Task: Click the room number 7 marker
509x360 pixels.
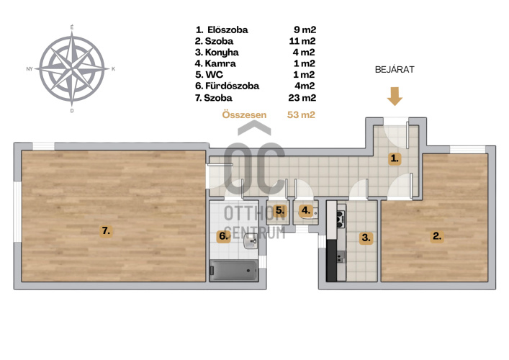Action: tap(106, 231)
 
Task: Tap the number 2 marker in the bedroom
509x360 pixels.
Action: tap(437, 236)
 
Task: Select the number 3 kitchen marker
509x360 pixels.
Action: tap(366, 238)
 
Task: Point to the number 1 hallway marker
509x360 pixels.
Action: tap(395, 158)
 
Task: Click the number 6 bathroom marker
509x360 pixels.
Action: tap(223, 235)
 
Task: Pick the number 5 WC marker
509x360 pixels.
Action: tap(280, 211)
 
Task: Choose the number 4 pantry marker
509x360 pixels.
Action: tap(306, 210)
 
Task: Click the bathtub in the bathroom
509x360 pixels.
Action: tap(234, 270)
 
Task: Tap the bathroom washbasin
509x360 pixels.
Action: tap(251, 241)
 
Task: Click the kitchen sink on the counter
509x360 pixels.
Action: tap(341, 256)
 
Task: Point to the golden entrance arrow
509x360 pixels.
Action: tap(395, 96)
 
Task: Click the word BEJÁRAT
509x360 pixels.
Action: tap(395, 70)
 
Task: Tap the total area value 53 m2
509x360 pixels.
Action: tap(301, 115)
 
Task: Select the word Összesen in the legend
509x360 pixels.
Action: tap(244, 114)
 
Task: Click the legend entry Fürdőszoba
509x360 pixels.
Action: tap(232, 86)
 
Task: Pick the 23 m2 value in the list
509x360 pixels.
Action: tap(302, 98)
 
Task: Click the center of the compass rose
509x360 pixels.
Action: tap(72, 69)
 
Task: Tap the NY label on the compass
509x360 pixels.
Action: tap(30, 69)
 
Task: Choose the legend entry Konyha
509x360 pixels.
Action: tap(222, 53)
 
